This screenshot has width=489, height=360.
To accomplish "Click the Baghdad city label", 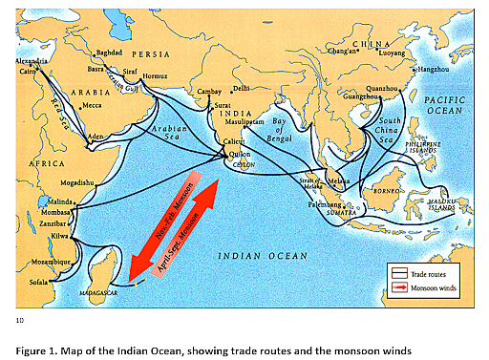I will coord(110,53).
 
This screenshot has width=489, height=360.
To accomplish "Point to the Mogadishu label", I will coord(78,181).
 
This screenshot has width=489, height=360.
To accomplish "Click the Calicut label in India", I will coord(234,141).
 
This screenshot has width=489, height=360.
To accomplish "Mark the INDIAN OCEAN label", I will coord(260,255).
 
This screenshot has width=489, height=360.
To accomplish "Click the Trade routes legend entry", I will coord(429,273).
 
